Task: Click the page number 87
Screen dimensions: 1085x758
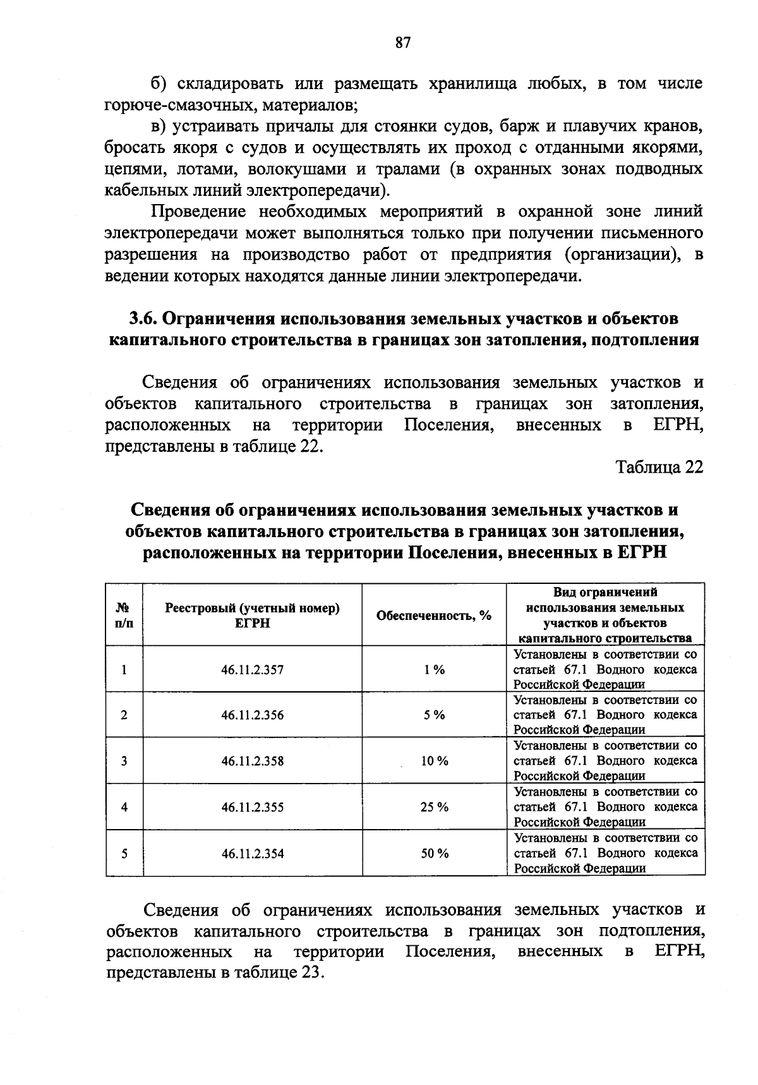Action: (x=403, y=43)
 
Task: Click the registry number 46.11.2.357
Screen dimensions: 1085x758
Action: (x=252, y=670)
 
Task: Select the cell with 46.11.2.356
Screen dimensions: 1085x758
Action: (x=252, y=715)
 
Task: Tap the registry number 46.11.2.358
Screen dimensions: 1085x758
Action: (x=252, y=761)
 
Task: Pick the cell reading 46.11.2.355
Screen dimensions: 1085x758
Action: (x=252, y=808)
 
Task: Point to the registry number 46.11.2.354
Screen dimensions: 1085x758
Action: (x=252, y=854)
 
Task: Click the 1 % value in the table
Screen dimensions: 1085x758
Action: (x=435, y=670)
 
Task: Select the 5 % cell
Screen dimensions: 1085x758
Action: (x=435, y=715)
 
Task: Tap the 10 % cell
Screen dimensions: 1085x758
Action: (x=435, y=761)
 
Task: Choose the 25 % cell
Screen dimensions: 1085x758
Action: (x=435, y=808)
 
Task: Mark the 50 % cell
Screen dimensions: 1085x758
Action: (x=435, y=854)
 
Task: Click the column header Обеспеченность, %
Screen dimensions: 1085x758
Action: (x=434, y=615)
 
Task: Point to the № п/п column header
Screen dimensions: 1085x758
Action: (x=124, y=615)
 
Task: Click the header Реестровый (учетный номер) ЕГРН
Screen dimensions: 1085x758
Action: (x=252, y=615)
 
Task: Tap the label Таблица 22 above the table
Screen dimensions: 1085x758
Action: (x=659, y=467)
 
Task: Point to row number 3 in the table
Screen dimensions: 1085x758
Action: (x=124, y=761)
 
